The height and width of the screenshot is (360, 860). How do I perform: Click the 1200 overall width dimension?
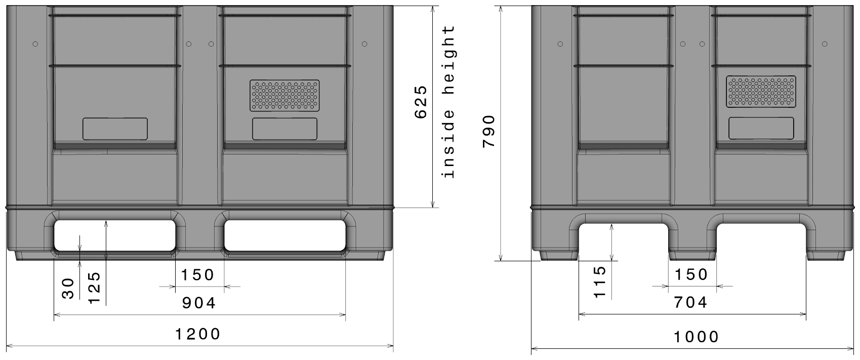pos(198,334)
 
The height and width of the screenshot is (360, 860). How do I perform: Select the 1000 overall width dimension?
pos(696,337)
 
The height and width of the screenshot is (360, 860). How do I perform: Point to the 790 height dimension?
pos(489,131)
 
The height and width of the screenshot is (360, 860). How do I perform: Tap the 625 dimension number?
pos(421,103)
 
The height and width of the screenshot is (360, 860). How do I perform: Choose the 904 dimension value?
pos(199,303)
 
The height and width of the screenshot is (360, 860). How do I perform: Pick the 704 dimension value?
pos(691,302)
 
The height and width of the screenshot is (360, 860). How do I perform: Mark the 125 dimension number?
pos(94,288)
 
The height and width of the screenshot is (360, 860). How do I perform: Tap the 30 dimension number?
pos(69,288)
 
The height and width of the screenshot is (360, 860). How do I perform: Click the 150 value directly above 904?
pos(198,275)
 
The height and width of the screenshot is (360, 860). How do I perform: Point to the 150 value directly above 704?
pos(691,274)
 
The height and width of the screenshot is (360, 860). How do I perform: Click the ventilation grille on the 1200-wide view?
pos(285,95)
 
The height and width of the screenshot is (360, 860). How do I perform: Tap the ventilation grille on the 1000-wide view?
pos(761,92)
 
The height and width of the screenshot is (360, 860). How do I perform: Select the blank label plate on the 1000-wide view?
pos(761,128)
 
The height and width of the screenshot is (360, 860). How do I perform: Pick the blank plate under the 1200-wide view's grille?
pos(285,129)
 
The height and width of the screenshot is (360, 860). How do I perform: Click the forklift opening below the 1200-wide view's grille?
pos(285,235)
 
